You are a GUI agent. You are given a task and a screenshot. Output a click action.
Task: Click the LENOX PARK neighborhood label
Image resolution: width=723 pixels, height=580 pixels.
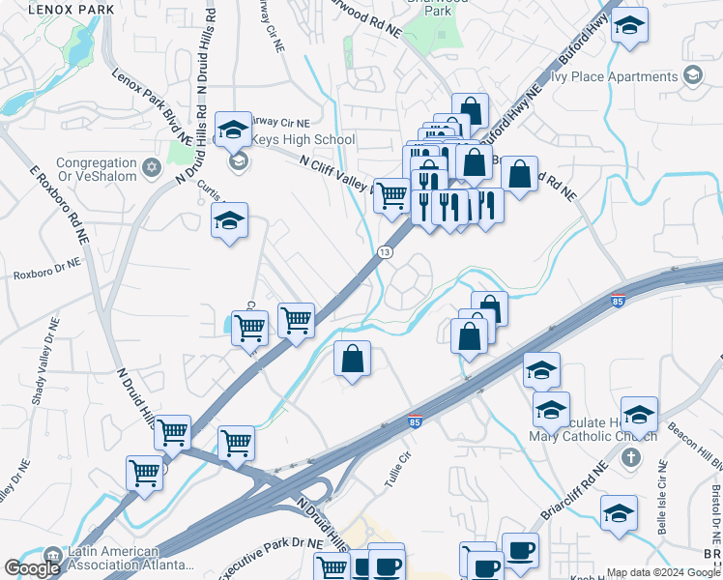coord(72,9)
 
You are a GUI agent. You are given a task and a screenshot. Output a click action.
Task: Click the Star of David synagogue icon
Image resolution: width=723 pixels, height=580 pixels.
coord(150,169)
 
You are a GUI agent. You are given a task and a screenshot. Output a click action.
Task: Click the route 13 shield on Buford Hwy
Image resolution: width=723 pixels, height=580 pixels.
coord(385,252)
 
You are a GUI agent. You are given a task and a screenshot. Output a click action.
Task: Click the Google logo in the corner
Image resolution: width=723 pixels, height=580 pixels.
coord(32,568)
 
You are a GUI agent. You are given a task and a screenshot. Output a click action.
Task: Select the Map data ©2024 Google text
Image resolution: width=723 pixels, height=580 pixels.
coord(663,572)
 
